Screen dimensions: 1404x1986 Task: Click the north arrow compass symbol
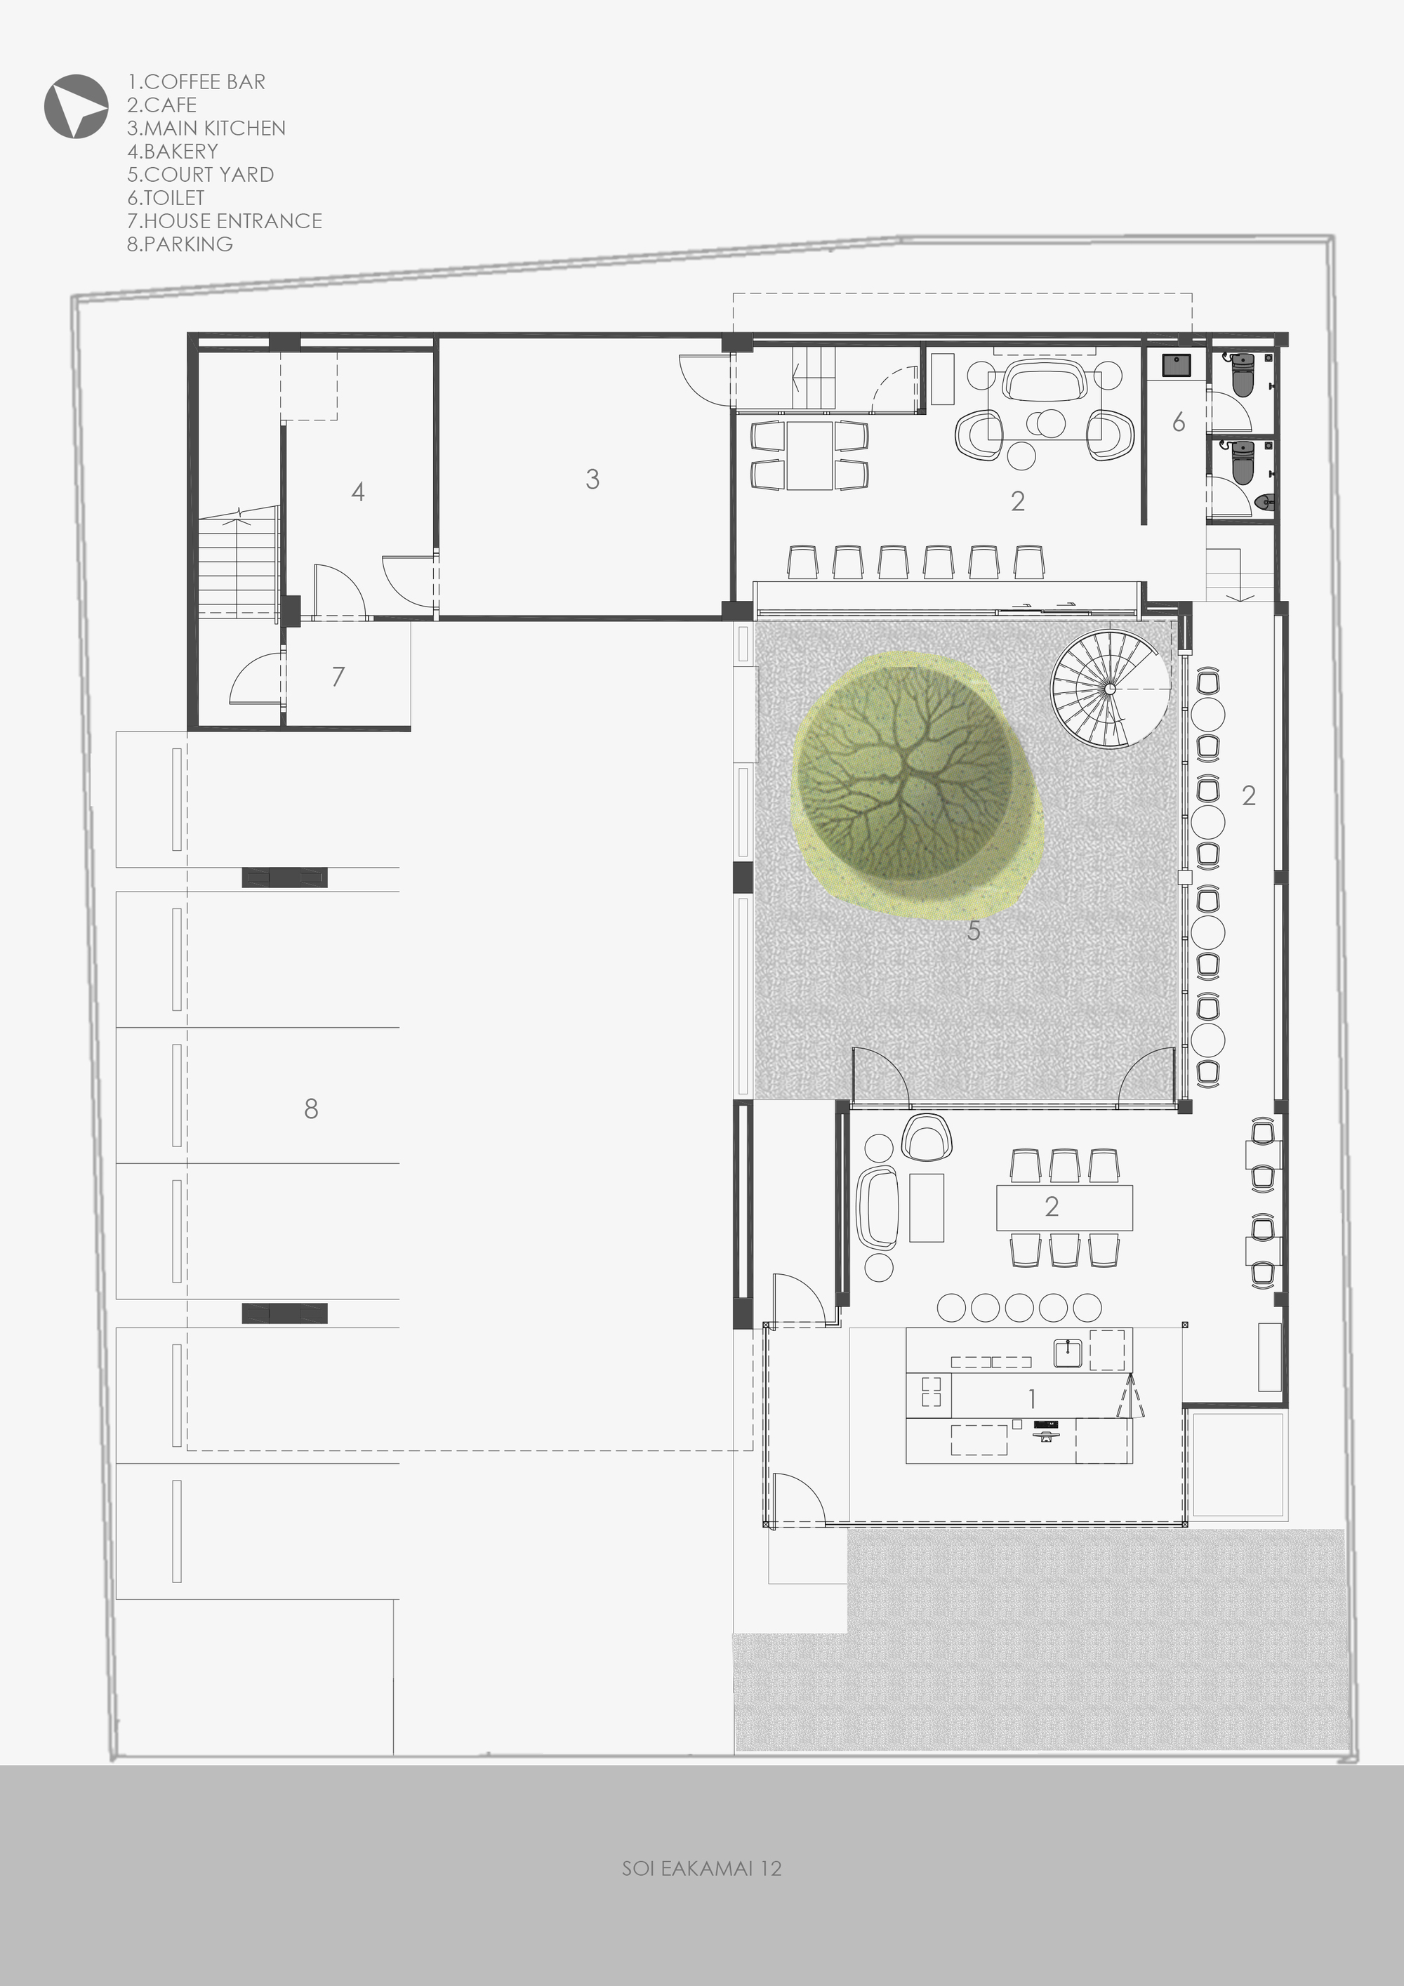(76, 105)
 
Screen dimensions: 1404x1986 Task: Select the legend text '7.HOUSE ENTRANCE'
(224, 220)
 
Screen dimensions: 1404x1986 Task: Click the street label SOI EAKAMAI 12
(701, 1868)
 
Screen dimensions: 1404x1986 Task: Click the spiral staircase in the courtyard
(1111, 689)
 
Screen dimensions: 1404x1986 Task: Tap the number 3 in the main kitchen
(592, 479)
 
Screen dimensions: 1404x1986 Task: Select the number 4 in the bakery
(358, 491)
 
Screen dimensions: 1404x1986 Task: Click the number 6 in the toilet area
(1178, 421)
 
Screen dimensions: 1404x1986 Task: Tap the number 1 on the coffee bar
(1032, 1398)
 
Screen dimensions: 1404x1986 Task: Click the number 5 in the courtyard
(974, 931)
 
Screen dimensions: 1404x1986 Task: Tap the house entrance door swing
(256, 678)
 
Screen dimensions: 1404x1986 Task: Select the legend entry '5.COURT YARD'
(201, 175)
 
